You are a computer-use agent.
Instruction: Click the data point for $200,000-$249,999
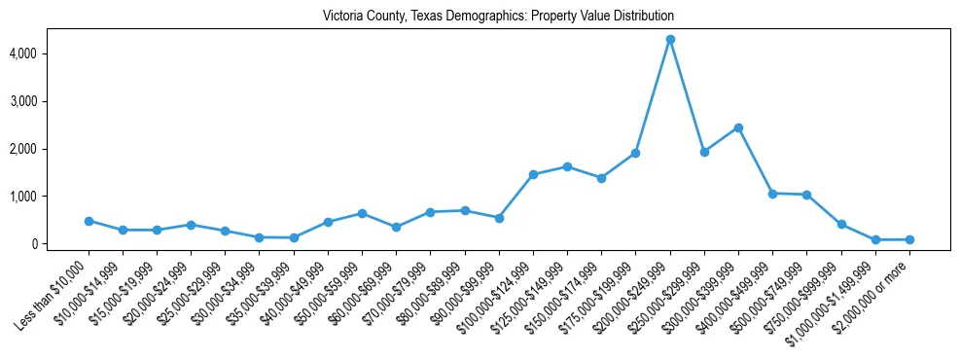670,40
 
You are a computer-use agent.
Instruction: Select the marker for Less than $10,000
89,221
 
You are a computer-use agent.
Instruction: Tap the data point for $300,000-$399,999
738,127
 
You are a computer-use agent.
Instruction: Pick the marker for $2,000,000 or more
909,239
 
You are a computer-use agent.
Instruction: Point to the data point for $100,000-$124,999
533,174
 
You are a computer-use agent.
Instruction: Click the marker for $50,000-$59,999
362,213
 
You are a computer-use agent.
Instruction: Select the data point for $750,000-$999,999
841,225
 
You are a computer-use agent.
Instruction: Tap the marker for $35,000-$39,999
294,237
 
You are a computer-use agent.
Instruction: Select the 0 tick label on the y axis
60,244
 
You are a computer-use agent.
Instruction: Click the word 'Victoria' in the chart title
343,17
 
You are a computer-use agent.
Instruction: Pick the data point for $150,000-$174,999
601,178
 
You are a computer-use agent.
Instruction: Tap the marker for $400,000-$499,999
772,194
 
